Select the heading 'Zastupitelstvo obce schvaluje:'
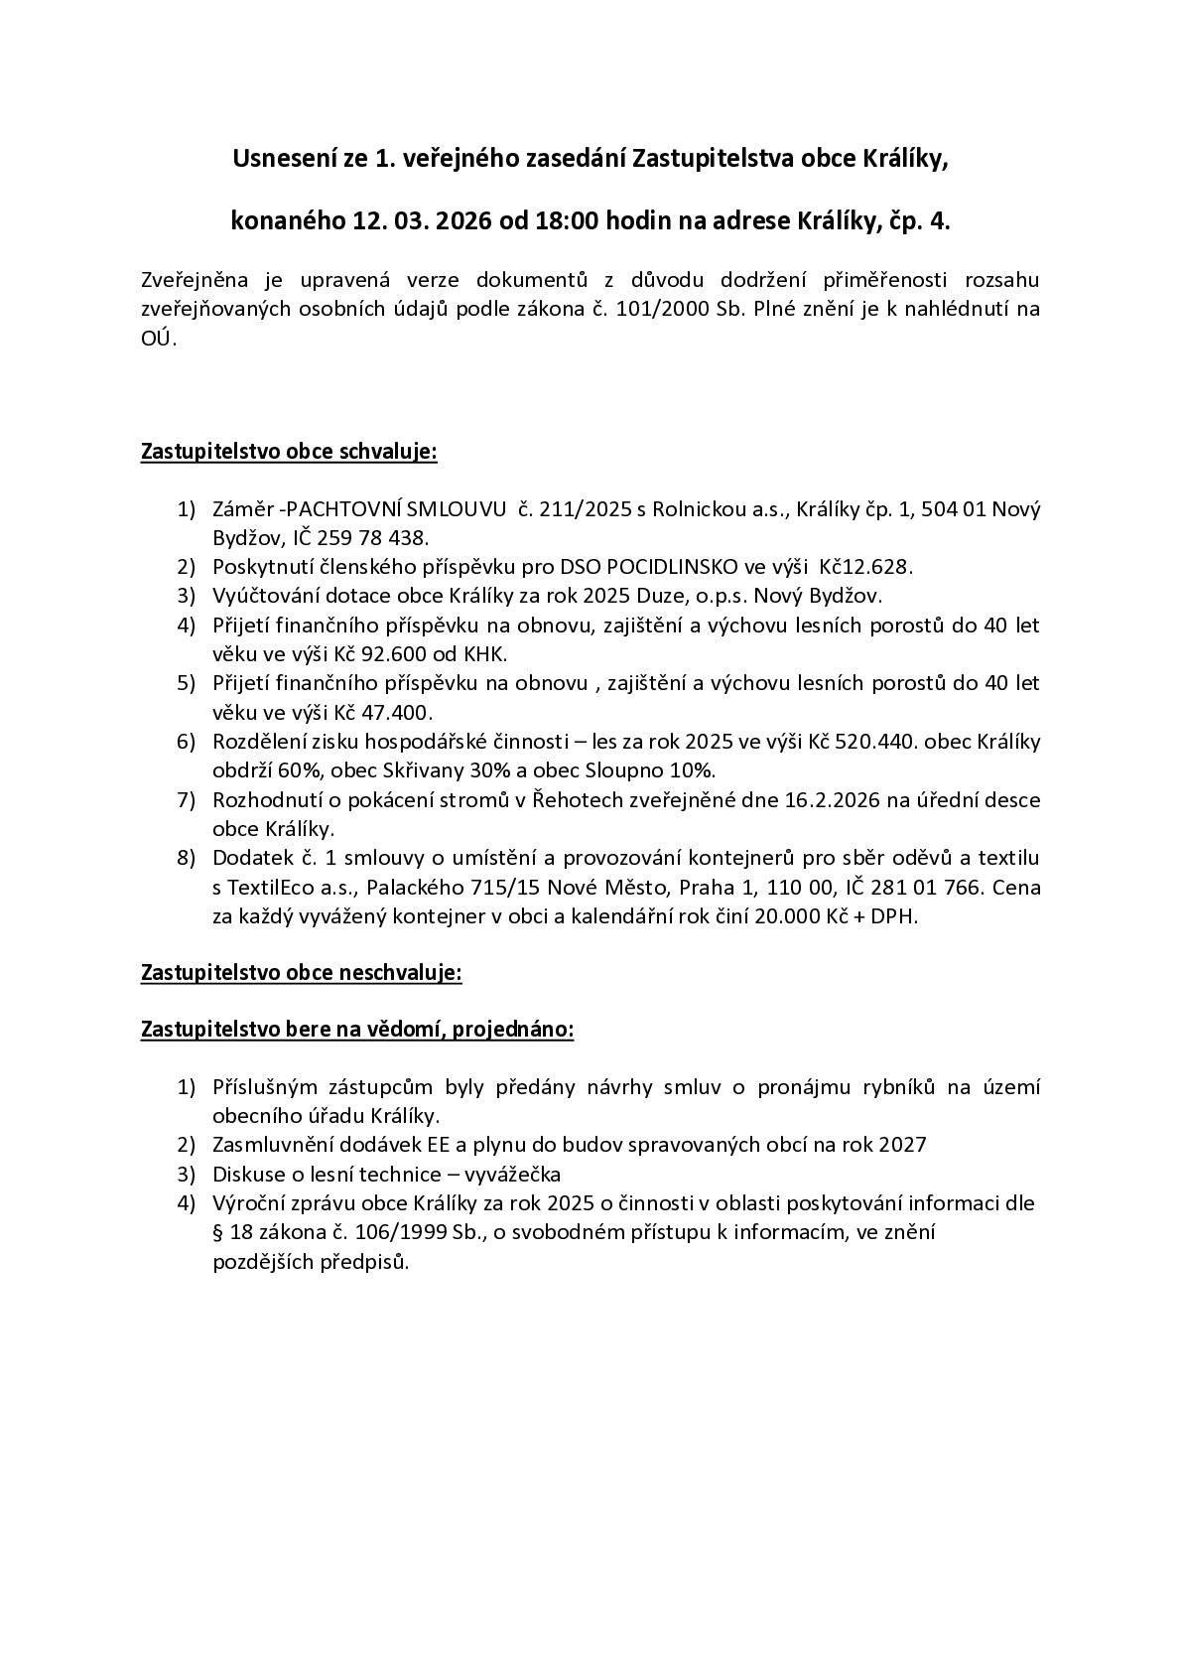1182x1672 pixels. coord(289,452)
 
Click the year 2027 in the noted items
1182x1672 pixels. coord(903,1145)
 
